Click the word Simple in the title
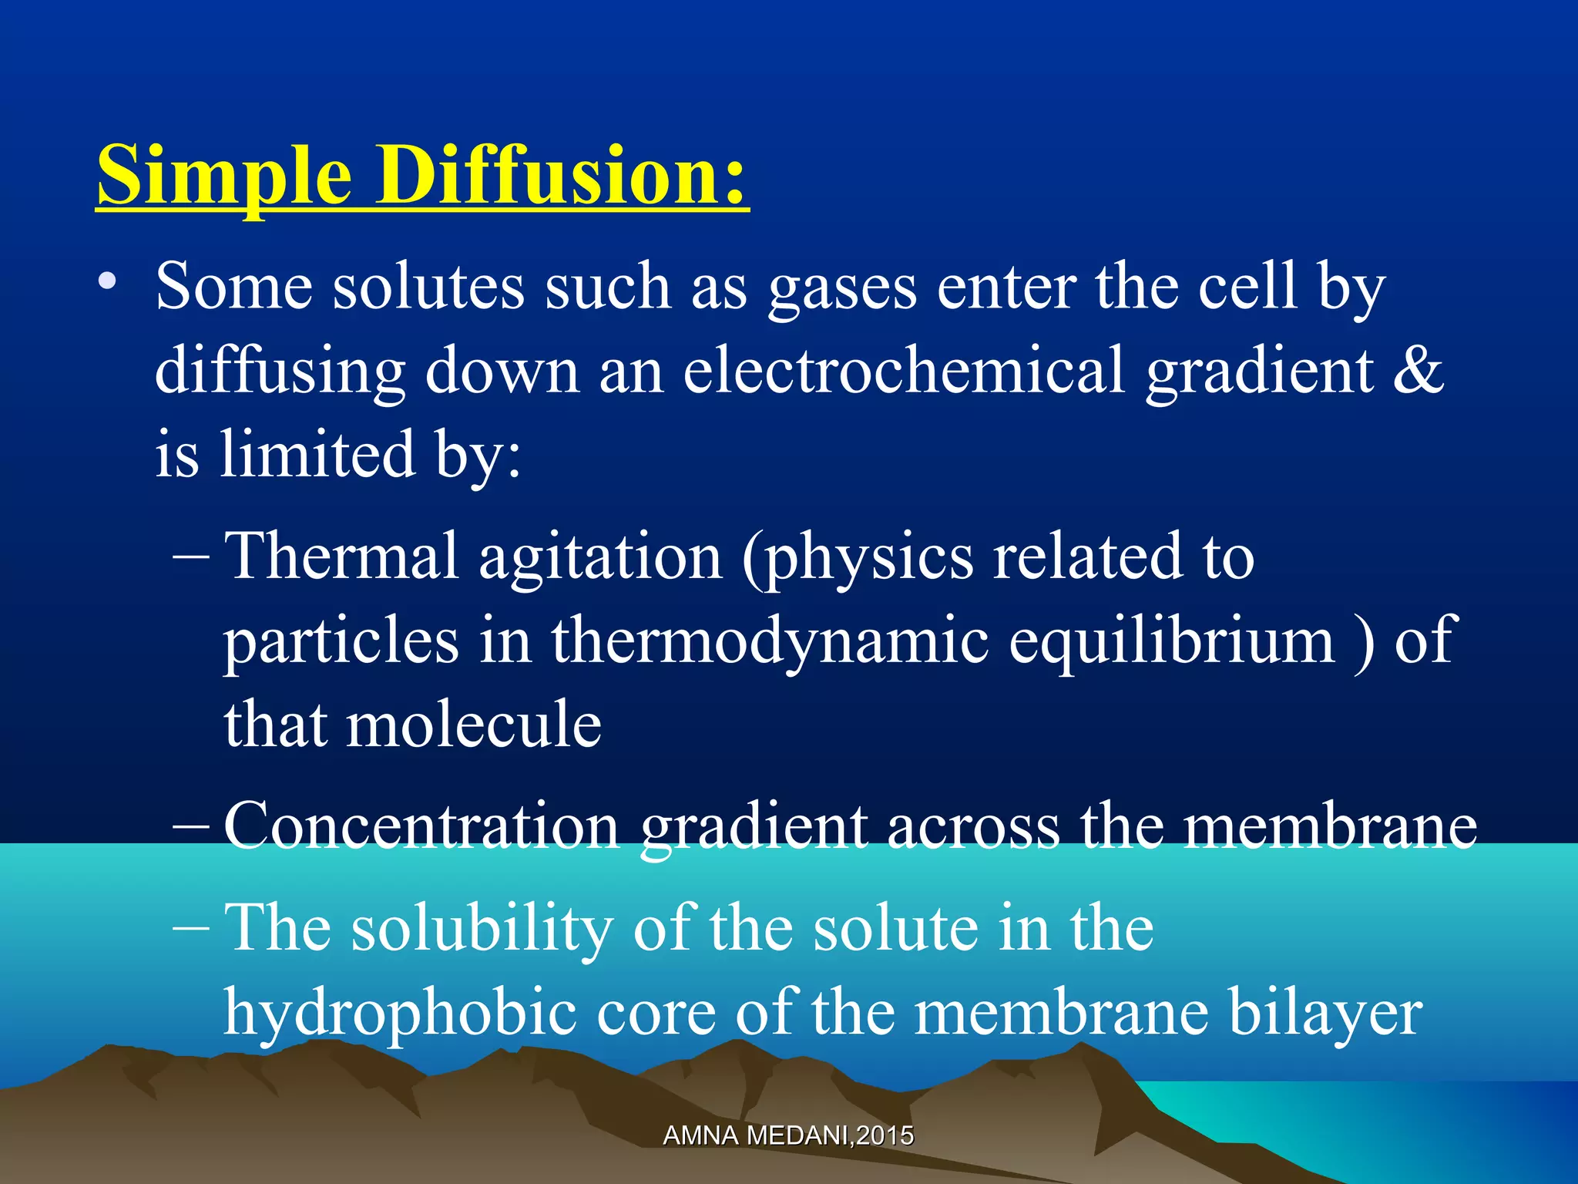click(225, 176)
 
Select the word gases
click(843, 288)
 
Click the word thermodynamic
click(770, 642)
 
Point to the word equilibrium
click(1172, 642)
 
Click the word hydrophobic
click(400, 1013)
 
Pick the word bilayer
click(1325, 1013)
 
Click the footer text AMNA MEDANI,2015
click(788, 1135)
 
